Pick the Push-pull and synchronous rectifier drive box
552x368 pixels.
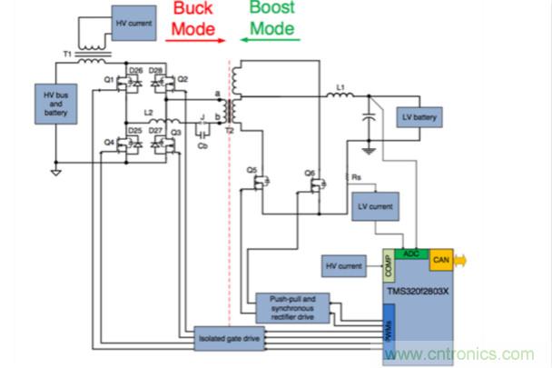[x=293, y=304]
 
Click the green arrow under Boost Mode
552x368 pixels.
[x=271, y=40]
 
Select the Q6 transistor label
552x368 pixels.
[x=310, y=171]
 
